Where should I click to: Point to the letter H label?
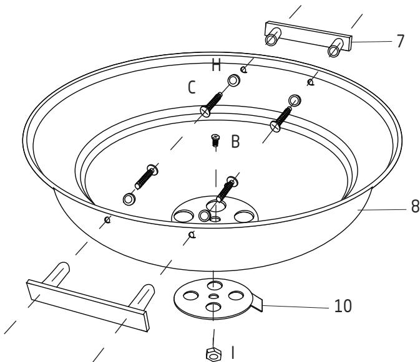(x=217, y=65)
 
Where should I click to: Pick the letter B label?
(x=235, y=142)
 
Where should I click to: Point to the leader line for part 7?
(x=373, y=42)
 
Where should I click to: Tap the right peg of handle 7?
(x=335, y=47)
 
